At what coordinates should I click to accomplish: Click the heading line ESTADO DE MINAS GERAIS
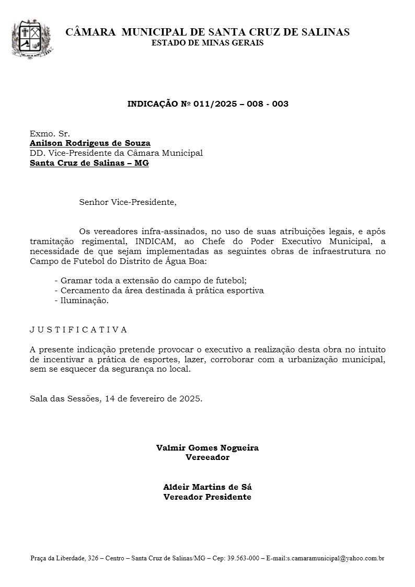208,43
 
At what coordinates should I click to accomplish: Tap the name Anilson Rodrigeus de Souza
90,143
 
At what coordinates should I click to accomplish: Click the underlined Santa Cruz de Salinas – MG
89,163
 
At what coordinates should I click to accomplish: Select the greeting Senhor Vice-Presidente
128,202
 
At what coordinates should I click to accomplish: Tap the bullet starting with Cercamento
159,290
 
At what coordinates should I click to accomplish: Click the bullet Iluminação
82,300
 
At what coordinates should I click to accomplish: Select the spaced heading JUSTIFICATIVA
78,330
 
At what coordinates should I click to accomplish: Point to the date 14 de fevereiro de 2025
153,399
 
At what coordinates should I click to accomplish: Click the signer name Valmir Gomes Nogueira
208,448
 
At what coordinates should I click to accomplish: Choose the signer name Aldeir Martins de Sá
208,487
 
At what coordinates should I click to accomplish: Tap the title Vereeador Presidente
208,497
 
